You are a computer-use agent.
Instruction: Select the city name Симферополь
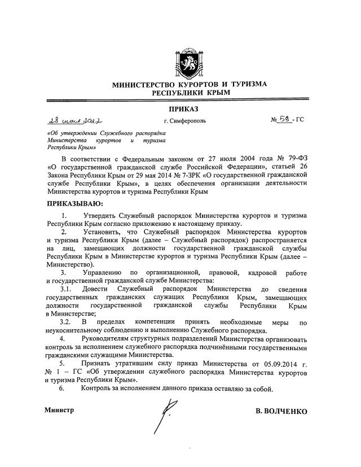coord(184,121)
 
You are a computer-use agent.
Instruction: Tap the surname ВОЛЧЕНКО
coord(281,412)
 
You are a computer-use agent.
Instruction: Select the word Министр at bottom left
coord(59,411)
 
